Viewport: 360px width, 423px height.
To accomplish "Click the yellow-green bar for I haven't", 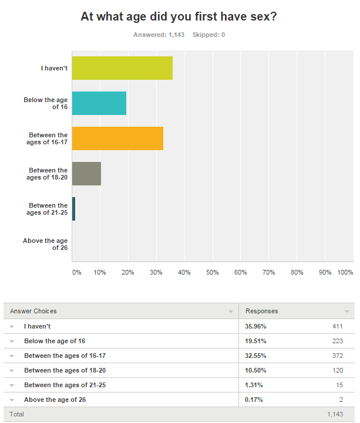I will [x=122, y=68].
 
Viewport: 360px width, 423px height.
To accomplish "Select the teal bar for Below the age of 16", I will [x=99, y=103].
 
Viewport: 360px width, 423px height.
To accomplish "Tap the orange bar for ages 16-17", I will [x=117, y=138].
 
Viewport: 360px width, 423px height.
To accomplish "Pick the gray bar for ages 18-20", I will [x=86, y=174].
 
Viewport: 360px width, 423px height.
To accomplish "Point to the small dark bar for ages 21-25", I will [x=73, y=209].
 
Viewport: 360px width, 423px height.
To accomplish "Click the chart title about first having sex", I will [x=179, y=17].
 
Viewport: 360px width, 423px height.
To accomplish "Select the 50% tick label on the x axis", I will [x=212, y=272].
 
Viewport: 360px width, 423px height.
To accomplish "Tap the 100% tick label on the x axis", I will [x=345, y=272].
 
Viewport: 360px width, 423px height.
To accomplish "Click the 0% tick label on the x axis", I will [x=76, y=272].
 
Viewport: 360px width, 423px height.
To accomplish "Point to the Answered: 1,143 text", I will [x=159, y=35].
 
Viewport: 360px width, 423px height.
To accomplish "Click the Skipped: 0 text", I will [x=208, y=35].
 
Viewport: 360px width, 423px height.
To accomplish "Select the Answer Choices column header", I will [x=33, y=311].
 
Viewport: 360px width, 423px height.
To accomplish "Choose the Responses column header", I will [x=261, y=311].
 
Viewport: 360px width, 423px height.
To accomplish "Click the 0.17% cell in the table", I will [x=254, y=400].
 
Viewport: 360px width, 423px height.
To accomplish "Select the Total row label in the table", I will [x=17, y=414].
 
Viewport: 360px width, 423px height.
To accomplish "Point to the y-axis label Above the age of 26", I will [x=45, y=244].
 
